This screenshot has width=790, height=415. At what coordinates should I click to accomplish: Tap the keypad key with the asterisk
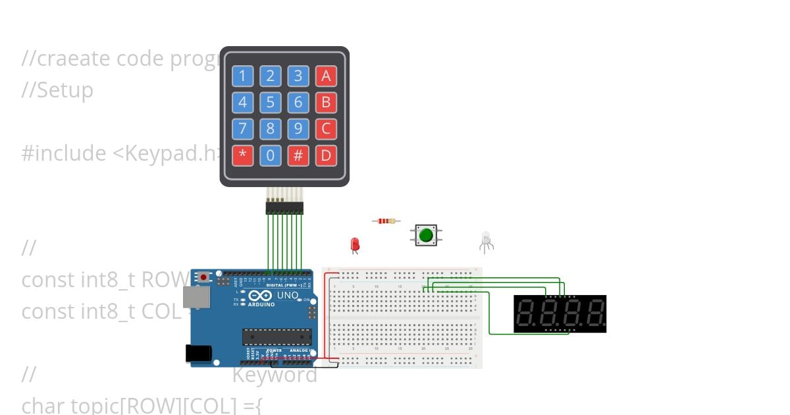click(242, 156)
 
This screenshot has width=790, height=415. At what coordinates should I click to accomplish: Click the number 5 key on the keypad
click(270, 103)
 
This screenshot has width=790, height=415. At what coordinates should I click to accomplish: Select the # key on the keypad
click(298, 156)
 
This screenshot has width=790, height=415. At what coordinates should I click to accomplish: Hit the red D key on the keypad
click(325, 156)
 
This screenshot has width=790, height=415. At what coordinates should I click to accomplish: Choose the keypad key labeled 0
click(270, 156)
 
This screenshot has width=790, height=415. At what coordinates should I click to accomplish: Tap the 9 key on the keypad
click(298, 129)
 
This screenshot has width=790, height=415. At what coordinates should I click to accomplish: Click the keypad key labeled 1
click(242, 76)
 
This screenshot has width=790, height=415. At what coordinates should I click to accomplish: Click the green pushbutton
click(426, 235)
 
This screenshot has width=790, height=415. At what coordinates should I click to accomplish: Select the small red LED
click(355, 244)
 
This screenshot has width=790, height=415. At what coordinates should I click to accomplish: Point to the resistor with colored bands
click(386, 221)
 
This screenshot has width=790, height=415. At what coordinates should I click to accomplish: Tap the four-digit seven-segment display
click(560, 314)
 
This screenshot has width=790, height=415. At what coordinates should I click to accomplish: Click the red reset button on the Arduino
click(203, 277)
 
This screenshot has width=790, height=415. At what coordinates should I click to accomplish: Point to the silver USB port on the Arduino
click(195, 297)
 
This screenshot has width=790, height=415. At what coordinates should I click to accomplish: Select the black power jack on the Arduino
click(197, 354)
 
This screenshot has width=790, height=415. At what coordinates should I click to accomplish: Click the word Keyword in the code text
click(275, 375)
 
